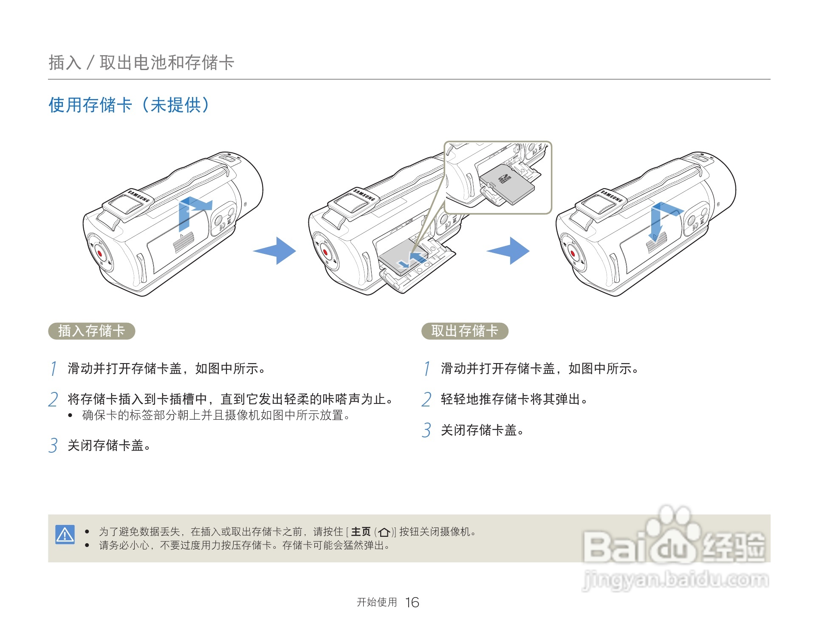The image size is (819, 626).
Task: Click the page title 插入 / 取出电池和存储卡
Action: pos(141,62)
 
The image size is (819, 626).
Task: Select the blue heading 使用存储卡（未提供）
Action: pos(129,105)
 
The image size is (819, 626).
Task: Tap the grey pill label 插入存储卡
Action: pos(91,331)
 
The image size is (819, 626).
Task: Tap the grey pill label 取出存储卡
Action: pos(465,331)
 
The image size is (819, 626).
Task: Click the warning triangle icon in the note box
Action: pos(65,534)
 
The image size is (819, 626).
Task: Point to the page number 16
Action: pos(412,602)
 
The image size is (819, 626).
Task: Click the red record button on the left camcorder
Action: pos(100,253)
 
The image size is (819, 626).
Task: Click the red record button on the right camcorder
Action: pos(572,254)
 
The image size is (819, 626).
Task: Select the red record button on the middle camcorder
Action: pos(325,253)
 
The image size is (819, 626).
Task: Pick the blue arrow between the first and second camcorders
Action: pos(275,251)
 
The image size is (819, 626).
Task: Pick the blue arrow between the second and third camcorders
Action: pos(508,251)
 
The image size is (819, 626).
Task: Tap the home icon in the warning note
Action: pos(384,532)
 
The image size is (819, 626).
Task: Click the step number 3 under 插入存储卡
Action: pos(53,446)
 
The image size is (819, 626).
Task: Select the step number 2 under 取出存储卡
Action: pos(426,399)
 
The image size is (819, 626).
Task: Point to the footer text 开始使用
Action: pos(377,602)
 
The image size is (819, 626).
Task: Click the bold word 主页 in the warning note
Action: pos(361,532)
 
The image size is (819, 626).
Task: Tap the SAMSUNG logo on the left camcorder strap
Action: pos(139,197)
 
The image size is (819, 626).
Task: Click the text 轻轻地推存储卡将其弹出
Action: pos(510,399)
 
